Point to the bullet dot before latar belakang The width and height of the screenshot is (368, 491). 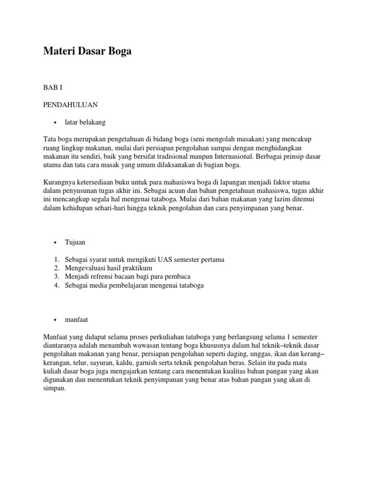click(56, 123)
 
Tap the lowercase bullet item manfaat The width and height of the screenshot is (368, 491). click(78, 319)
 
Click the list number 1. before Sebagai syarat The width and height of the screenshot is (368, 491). click(56, 259)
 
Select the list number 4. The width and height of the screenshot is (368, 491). click(56, 285)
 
